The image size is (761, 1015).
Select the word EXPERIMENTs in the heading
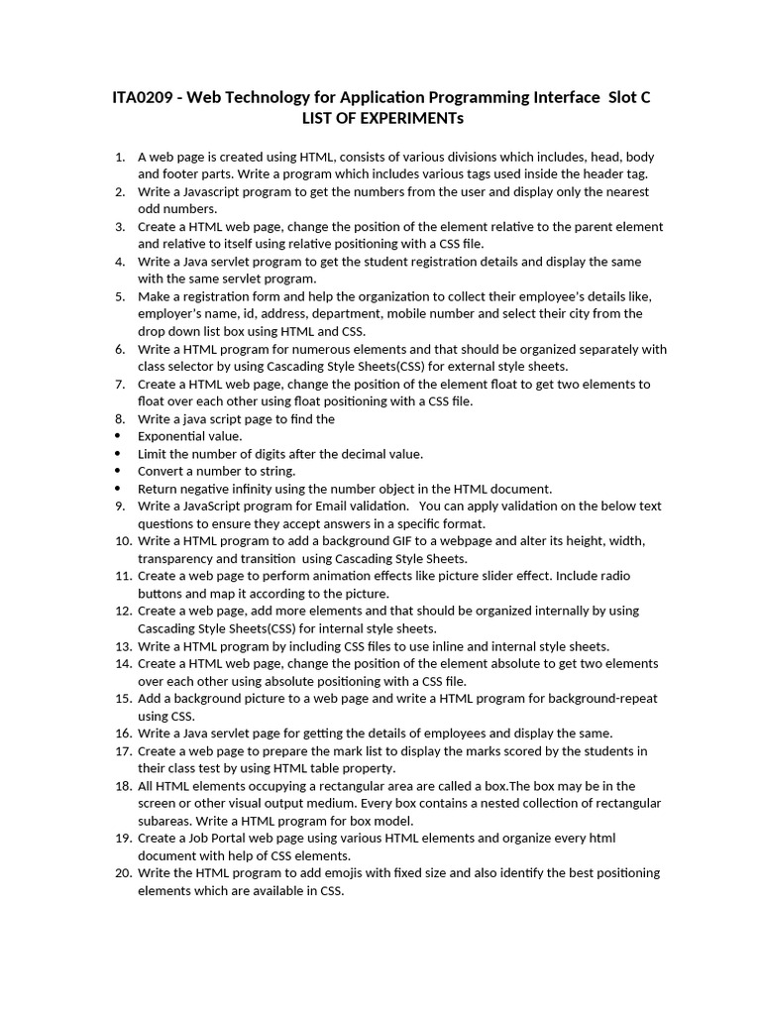pos(406,119)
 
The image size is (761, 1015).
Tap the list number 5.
pos(119,296)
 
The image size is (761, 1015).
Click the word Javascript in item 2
pos(210,191)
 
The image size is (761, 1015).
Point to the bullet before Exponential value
pos(119,436)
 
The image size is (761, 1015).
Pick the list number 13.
pos(123,646)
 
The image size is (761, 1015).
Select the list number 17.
pos(123,750)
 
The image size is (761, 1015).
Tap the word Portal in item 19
pos(239,839)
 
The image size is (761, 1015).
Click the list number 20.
pos(123,873)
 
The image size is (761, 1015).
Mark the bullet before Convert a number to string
pos(119,471)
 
